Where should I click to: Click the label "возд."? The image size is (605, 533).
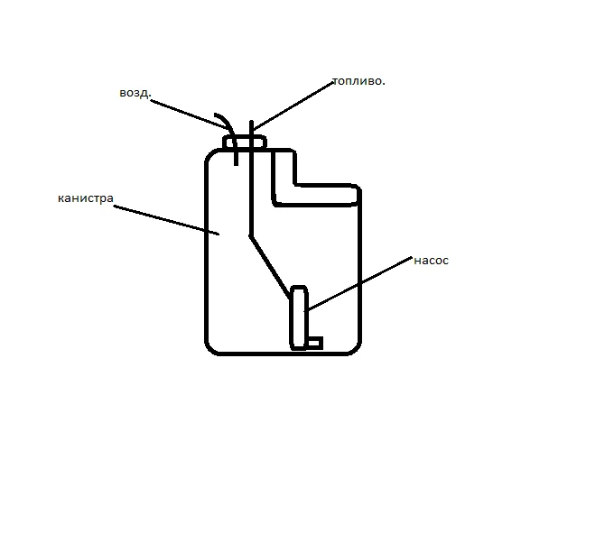[134, 93]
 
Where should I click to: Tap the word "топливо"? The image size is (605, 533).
[358, 81]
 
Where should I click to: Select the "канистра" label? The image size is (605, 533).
[85, 198]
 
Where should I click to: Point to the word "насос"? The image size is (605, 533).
[431, 261]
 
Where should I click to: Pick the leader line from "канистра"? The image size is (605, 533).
[167, 221]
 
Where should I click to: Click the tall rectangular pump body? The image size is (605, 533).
[299, 316]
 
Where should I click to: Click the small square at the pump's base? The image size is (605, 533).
[314, 343]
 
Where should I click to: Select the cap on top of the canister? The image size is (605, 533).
[245, 142]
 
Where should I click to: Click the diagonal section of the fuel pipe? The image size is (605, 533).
[270, 266]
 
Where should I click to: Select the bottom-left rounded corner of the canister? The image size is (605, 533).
[212, 346]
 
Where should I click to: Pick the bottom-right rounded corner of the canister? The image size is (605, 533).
[354, 346]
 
